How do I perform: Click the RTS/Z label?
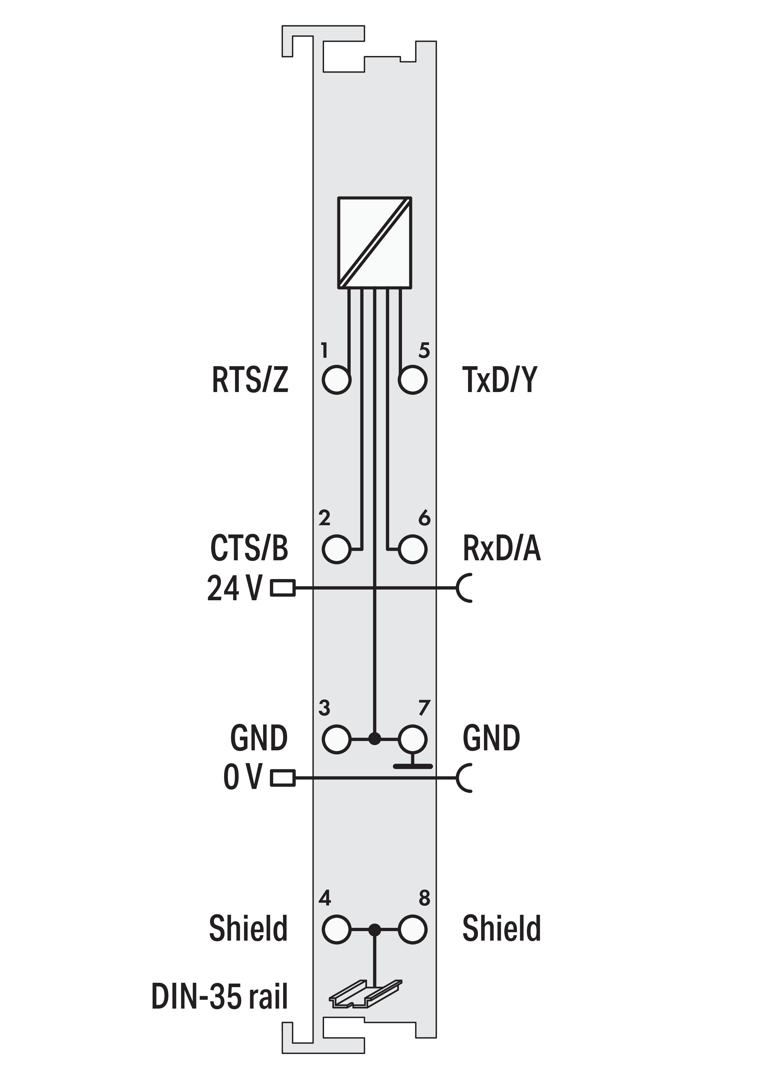tap(250, 380)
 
